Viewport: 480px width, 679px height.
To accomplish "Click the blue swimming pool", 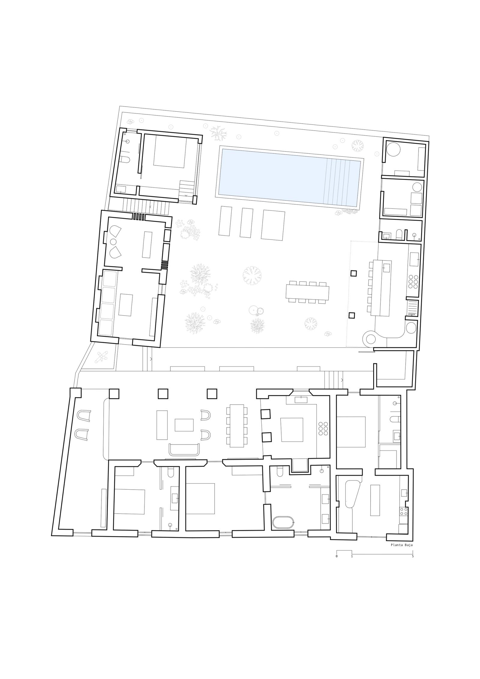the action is coord(290,177).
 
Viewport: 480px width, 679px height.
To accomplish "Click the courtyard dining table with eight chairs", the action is coord(307,292).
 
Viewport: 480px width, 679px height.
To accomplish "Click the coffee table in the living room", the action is coord(184,425).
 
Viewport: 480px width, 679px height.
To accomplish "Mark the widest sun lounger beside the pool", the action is coord(273,225).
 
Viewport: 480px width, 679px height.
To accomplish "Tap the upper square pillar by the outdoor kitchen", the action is coord(354,273).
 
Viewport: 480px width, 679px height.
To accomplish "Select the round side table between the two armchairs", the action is coord(113,242).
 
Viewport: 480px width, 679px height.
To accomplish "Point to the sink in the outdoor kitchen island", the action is coord(386,267).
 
